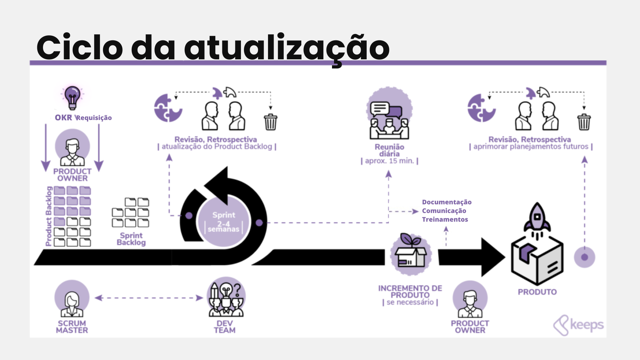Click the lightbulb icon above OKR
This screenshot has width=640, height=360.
click(x=72, y=97)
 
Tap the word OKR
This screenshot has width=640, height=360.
click(x=63, y=118)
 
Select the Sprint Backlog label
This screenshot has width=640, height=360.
click(x=131, y=239)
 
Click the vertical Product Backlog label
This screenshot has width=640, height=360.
click(x=49, y=216)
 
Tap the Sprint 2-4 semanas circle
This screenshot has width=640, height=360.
click(x=224, y=222)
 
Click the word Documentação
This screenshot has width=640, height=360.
click(x=447, y=202)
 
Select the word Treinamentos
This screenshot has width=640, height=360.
click(x=445, y=219)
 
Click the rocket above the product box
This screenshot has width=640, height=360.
click(x=537, y=218)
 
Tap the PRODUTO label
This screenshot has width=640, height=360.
click(x=537, y=292)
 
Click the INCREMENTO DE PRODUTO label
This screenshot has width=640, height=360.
click(x=410, y=292)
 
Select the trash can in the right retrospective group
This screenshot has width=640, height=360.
click(x=584, y=122)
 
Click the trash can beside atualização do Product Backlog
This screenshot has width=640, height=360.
click(x=270, y=122)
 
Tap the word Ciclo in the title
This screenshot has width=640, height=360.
click(x=80, y=47)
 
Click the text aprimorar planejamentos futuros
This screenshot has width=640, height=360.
click(x=531, y=147)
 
